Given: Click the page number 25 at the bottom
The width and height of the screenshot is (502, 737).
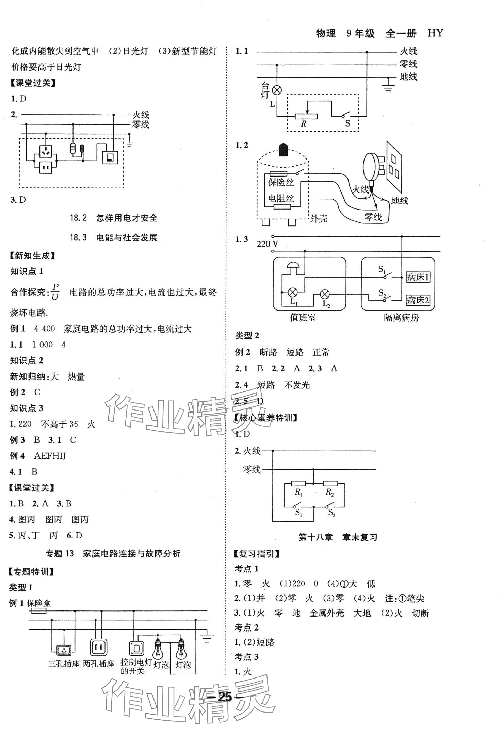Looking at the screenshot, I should coord(225,697).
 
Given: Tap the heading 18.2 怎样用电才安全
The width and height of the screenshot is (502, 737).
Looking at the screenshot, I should coord(114,218).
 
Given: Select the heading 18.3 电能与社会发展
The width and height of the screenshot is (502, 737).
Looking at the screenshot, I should coord(114,237).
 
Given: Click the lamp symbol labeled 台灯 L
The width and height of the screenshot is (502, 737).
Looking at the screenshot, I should coord(277,90).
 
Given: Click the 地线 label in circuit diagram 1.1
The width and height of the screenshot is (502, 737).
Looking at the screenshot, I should coord(408,77).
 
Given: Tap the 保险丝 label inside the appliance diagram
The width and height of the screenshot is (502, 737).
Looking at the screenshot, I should coord(281,182).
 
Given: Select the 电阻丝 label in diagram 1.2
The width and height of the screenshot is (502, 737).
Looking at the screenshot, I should coord(281,198).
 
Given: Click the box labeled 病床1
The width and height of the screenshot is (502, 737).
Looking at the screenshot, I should coord(418,278).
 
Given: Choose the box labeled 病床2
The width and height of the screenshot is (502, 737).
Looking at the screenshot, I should coord(418,300).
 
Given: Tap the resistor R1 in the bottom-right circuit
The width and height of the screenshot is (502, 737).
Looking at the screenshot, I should coord(298,483).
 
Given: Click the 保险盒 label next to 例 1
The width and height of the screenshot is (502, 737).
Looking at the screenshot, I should coord(39,603).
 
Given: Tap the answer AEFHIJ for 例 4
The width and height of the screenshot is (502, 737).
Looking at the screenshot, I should coord(50,456).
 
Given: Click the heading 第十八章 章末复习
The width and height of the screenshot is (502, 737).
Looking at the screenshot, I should coord(338,537).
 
